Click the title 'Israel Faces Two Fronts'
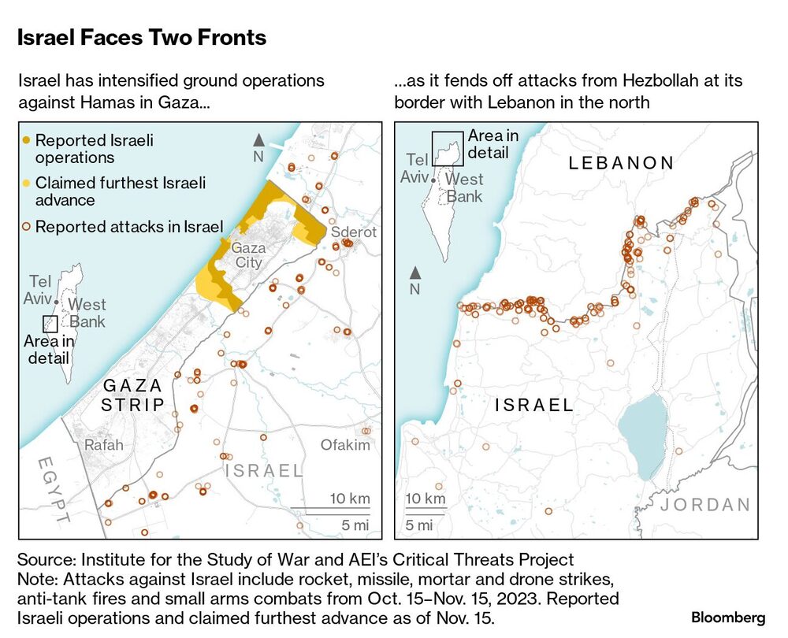142,37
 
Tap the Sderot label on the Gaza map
353,232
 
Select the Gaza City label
248,255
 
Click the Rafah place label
103,445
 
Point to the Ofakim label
344,445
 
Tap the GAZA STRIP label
133,395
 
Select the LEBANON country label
623,163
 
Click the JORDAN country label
706,505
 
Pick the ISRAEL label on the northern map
534,406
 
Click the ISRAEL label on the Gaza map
264,471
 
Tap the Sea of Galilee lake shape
645,436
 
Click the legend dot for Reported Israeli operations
27,141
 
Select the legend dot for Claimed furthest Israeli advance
27,184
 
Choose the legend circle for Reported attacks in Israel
27,227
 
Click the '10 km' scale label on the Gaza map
350,499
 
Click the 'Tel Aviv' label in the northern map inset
414,168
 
